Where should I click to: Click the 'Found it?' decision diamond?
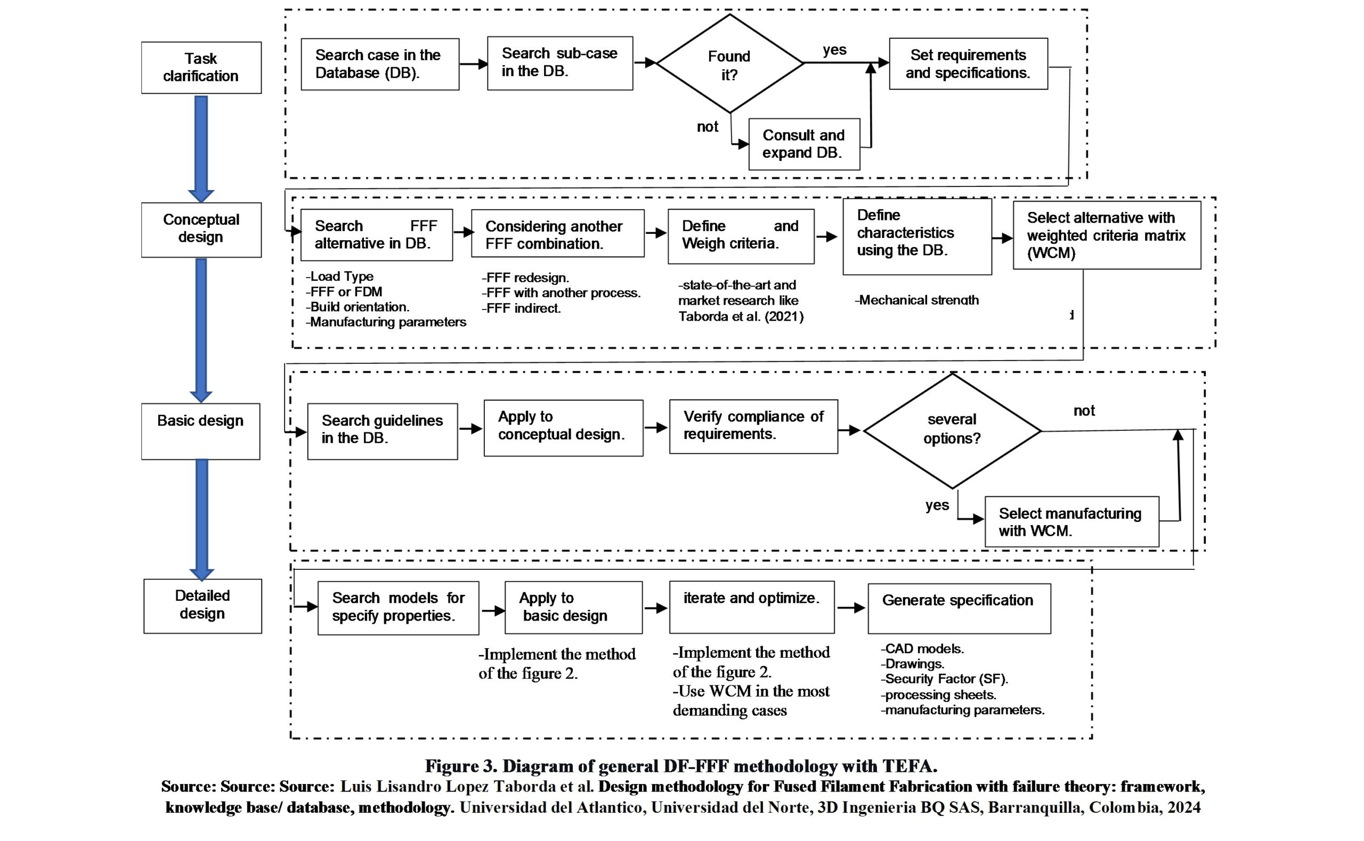pyautogui.click(x=729, y=64)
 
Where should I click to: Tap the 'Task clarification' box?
pyautogui.click(x=201, y=67)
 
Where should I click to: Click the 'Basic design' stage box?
pyautogui.click(x=200, y=431)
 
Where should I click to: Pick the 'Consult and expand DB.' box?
pyautogui.click(x=804, y=144)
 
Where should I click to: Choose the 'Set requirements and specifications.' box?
pyautogui.click(x=968, y=64)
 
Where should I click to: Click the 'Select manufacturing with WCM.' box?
pyautogui.click(x=1071, y=522)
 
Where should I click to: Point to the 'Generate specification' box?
pyautogui.click(x=959, y=608)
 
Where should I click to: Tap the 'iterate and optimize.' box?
pyautogui.click(x=752, y=607)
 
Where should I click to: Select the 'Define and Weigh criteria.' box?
pyautogui.click(x=741, y=236)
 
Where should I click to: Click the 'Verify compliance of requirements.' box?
pyautogui.click(x=753, y=426)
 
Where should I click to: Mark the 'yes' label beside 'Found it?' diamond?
pyautogui.click(x=834, y=50)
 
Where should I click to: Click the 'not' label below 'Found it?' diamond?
pyautogui.click(x=707, y=127)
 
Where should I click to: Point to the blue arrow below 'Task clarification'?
pyautogui.click(x=201, y=148)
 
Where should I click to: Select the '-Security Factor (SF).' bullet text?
pyautogui.click(x=944, y=679)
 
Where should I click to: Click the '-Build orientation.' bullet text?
pyautogui.click(x=358, y=307)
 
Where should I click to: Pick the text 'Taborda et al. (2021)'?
pyautogui.click(x=741, y=316)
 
